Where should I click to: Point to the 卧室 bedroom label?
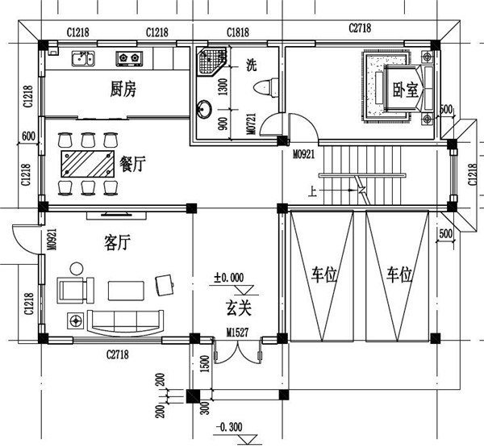(x=405, y=91)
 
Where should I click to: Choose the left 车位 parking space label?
(x=323, y=274)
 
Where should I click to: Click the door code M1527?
(x=236, y=332)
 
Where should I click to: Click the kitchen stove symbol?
(x=129, y=58)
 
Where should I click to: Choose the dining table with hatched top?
(x=88, y=161)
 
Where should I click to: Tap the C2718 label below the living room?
(x=118, y=354)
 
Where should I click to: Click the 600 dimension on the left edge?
(x=28, y=136)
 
